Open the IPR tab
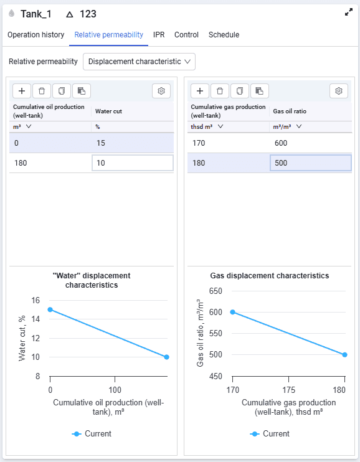[x=159, y=35]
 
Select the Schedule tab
[x=224, y=35]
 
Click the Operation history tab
[x=36, y=35]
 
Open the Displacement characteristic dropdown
[x=139, y=62]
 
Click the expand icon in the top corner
[x=349, y=12]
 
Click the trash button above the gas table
[x=220, y=91]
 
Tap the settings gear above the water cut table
[x=161, y=91]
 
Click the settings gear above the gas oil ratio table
[x=338, y=91]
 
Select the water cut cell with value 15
[x=133, y=143]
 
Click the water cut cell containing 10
[x=133, y=163]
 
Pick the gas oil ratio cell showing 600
[x=310, y=143]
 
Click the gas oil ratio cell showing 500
[x=310, y=163]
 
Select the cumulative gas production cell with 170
[x=228, y=143]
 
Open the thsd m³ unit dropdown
[x=207, y=126]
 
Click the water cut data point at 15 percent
[x=50, y=309]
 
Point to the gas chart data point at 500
[x=344, y=355]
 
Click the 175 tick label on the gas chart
[x=288, y=390]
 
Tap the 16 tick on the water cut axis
[x=36, y=301]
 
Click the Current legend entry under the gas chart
[x=270, y=434]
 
